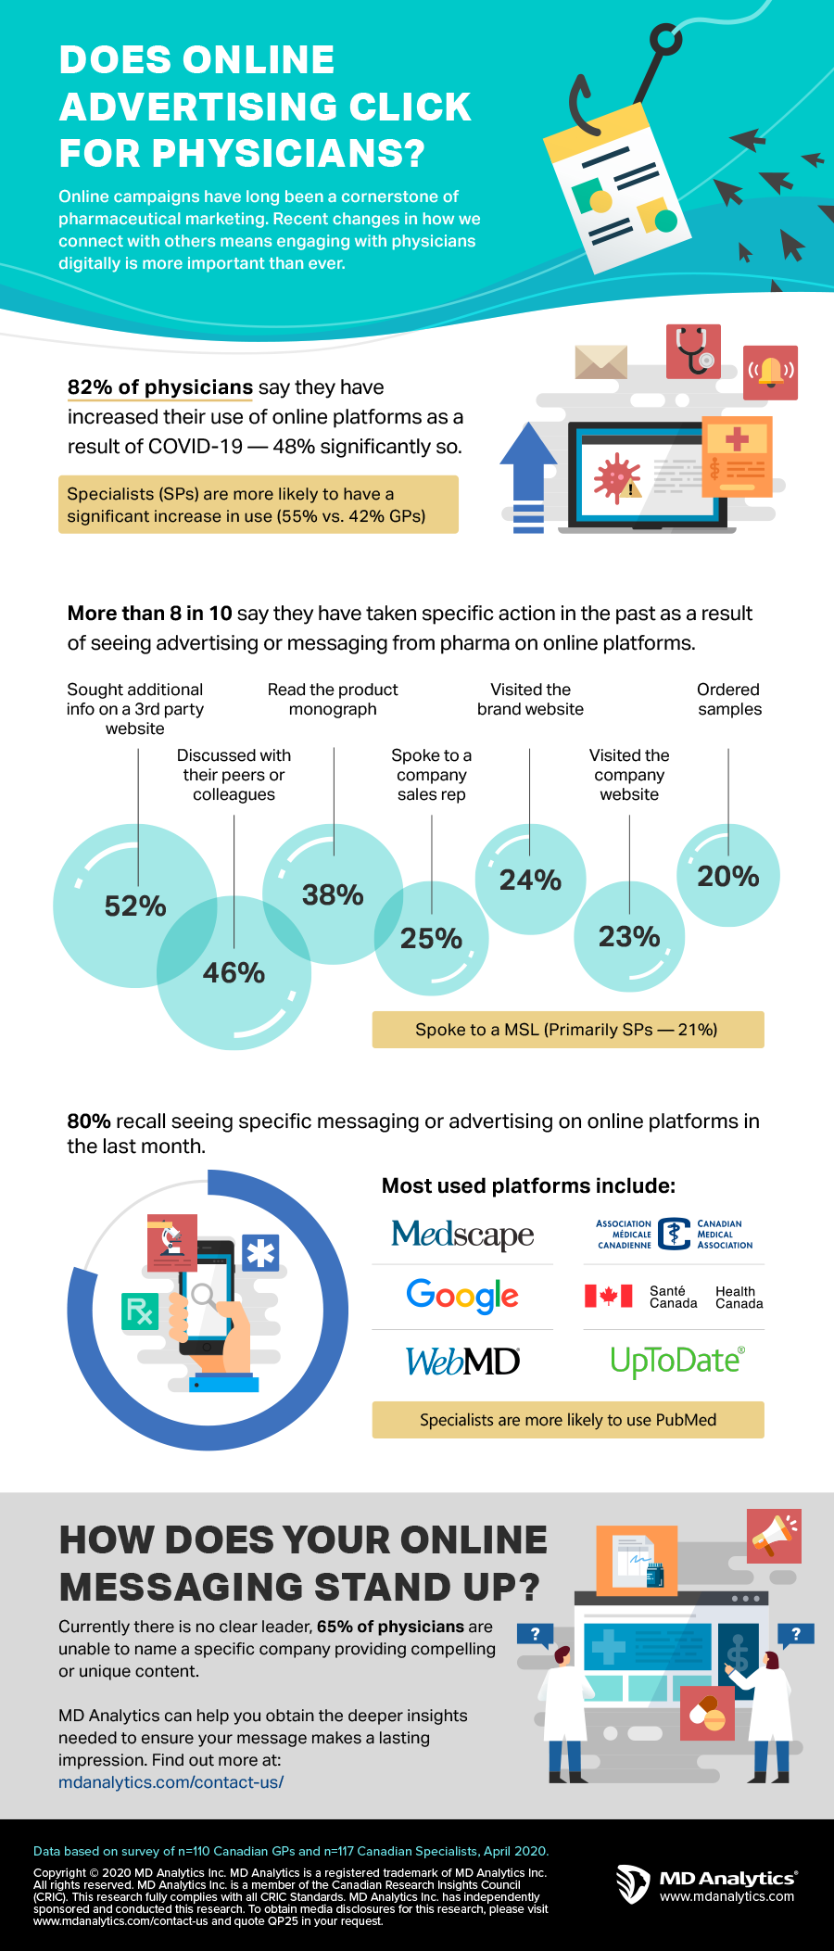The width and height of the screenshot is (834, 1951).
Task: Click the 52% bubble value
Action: [x=135, y=906]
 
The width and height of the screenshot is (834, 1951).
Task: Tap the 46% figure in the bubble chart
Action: [x=234, y=972]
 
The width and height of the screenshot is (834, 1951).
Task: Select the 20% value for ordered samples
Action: [x=727, y=876]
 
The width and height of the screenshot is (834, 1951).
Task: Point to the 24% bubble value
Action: [x=530, y=880]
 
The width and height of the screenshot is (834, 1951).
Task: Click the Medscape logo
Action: [x=462, y=1234]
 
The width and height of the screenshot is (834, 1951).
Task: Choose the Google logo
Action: [x=462, y=1296]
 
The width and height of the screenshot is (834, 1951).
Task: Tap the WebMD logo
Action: [x=462, y=1361]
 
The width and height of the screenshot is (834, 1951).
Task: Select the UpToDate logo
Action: [x=676, y=1361]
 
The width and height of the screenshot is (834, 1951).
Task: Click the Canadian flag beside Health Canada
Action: [x=608, y=1296]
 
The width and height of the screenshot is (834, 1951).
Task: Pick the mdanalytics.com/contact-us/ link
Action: [x=171, y=1782]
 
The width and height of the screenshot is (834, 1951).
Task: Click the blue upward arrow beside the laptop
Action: [x=528, y=476]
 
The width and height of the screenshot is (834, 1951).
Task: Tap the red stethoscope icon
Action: [x=693, y=351]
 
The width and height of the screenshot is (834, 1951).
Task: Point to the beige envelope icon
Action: [x=600, y=361]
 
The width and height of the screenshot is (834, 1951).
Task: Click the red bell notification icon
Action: [x=771, y=372]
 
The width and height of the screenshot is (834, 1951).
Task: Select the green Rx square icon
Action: [x=140, y=1311]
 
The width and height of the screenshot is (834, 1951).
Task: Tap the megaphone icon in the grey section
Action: [x=774, y=1535]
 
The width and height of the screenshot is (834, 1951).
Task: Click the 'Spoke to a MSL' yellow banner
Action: [x=567, y=1030]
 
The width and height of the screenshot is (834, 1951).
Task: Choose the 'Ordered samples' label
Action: [x=729, y=700]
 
